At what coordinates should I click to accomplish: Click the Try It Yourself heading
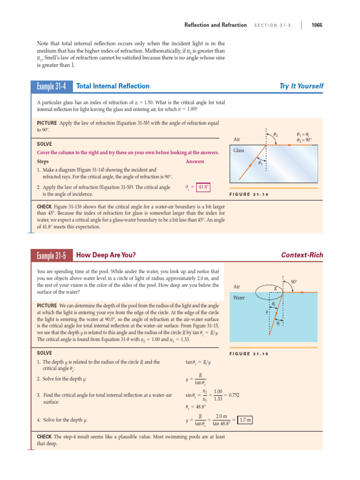pyautogui.click(x=301, y=86)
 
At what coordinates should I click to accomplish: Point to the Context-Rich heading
pyautogui.click(x=302, y=255)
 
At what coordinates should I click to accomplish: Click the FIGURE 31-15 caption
pyautogui.click(x=249, y=354)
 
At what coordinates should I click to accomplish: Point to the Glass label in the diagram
pyautogui.click(x=239, y=150)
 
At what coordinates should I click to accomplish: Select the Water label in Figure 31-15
pyautogui.click(x=240, y=298)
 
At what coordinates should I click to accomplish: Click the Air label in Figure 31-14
pyautogui.click(x=237, y=139)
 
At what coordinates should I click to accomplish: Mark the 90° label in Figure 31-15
pyautogui.click(x=294, y=282)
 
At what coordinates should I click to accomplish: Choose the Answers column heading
pyautogui.click(x=195, y=161)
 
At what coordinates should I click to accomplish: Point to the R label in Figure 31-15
pyautogui.click(x=276, y=288)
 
